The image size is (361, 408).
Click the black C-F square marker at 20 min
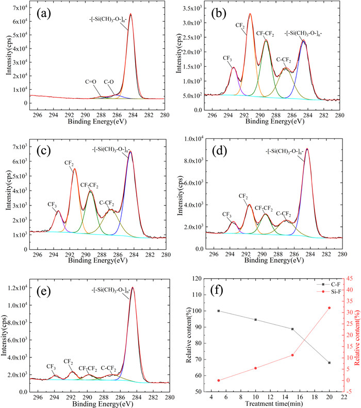click(x=329, y=363)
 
